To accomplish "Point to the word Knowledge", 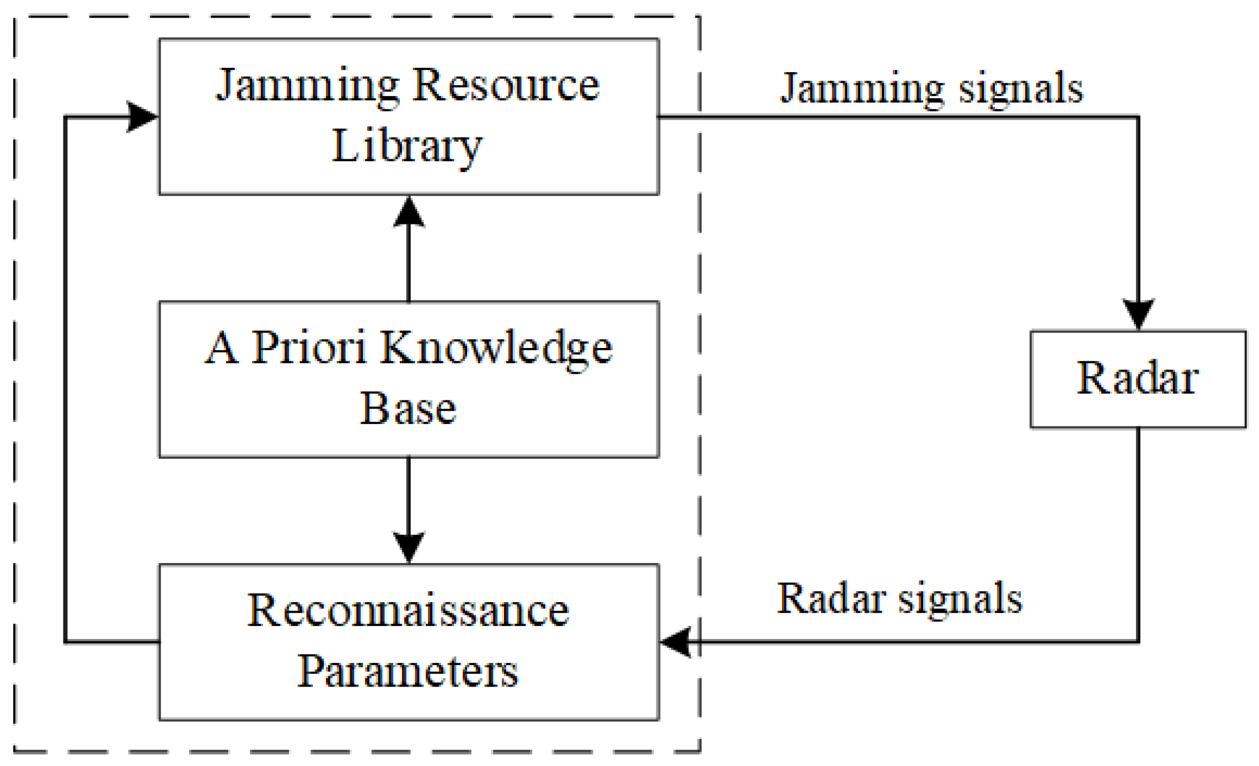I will pyautogui.click(x=496, y=349).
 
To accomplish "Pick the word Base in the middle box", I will pyautogui.click(x=408, y=409).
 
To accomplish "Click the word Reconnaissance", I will pyautogui.click(x=408, y=611).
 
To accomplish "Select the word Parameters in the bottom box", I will pyautogui.click(x=408, y=671).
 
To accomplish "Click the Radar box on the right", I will pyautogui.click(x=1138, y=379).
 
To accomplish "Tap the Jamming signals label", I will pyautogui.click(x=931, y=88).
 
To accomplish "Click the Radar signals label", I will pyautogui.click(x=899, y=598).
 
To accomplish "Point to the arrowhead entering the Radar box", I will pyautogui.click(x=1138, y=314).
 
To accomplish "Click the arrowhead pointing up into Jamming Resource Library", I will pyautogui.click(x=409, y=212).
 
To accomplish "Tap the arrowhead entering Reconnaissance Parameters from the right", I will pyautogui.click(x=676, y=642).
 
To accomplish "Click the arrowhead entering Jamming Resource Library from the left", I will pyautogui.click(x=142, y=116).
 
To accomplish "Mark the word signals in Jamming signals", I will pyautogui.click(x=1021, y=88).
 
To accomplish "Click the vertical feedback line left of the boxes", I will pyautogui.click(x=66, y=381).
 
